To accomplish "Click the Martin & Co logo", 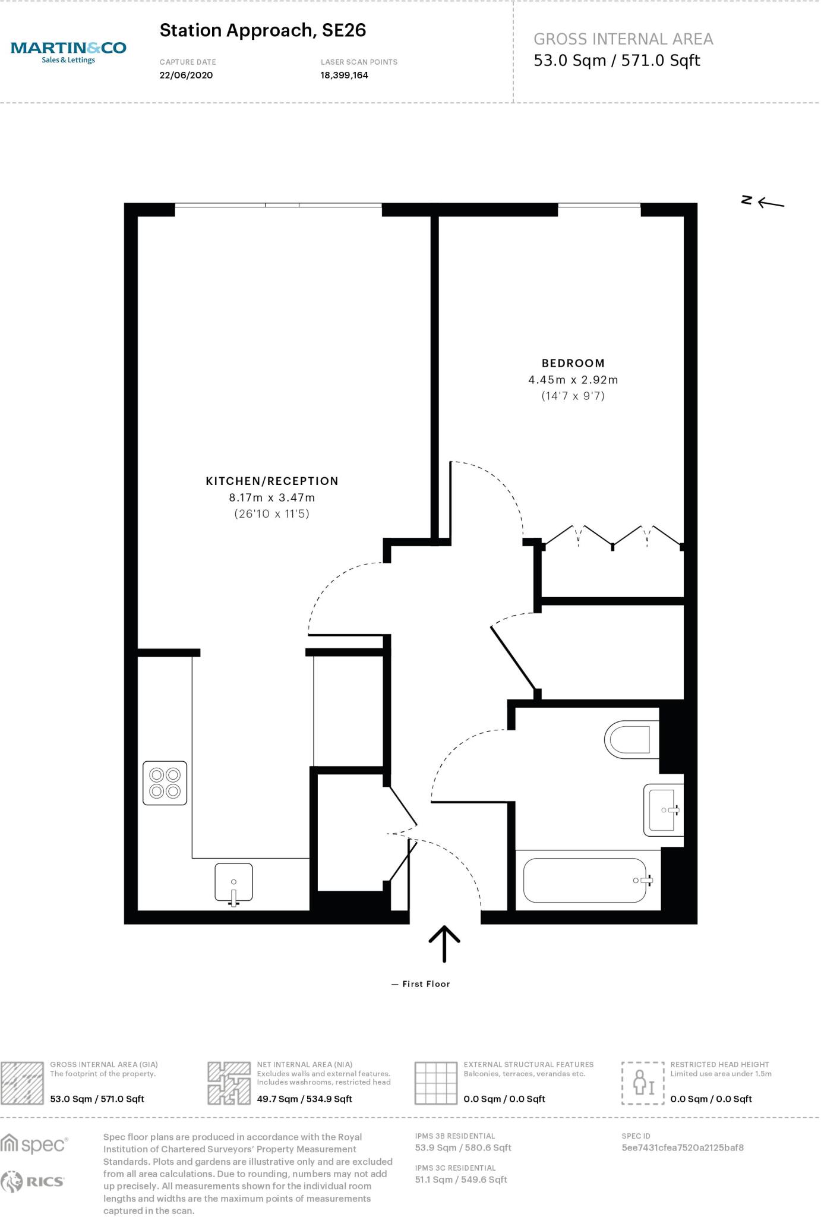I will [x=68, y=51].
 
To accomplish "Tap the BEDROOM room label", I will [x=573, y=363].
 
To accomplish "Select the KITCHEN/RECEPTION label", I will [x=272, y=481].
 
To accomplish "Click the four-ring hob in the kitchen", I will [x=165, y=783].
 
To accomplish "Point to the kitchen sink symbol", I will [x=233, y=882].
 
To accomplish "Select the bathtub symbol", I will [x=585, y=880].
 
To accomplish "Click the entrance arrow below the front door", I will [x=444, y=943].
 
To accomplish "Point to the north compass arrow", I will [x=770, y=203].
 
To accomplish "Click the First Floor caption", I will [x=426, y=984].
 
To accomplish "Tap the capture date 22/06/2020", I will [x=186, y=75].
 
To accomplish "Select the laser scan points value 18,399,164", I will [x=345, y=75].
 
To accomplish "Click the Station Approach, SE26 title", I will [x=263, y=30].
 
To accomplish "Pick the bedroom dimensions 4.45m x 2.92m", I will [x=573, y=380].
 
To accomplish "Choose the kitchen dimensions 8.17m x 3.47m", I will [x=272, y=497].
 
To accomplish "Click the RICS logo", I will [x=33, y=1182].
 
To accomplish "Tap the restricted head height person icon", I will [x=643, y=1083].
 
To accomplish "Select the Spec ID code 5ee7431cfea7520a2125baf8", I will [x=683, y=1147].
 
